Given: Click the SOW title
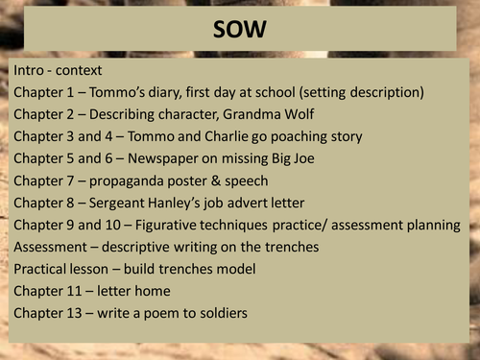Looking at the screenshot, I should coord(240,32).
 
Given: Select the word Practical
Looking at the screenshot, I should coord(43,270).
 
